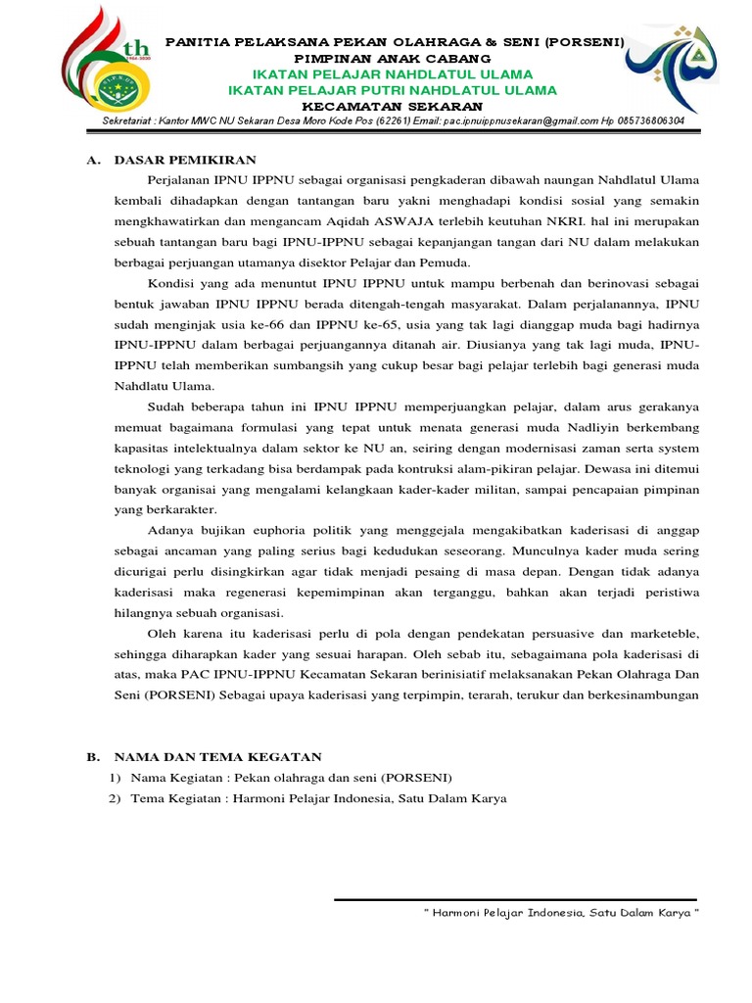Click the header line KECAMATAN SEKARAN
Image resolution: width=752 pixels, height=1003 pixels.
392,106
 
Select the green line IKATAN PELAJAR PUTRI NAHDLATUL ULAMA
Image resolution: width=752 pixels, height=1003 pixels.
392,90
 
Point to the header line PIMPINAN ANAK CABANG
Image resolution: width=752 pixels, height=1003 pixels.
392,59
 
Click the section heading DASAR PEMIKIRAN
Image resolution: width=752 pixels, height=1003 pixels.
185,160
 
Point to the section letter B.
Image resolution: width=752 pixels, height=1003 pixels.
93,757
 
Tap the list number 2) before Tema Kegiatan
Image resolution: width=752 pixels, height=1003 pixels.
115,798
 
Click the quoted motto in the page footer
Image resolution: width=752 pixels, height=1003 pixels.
562,913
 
